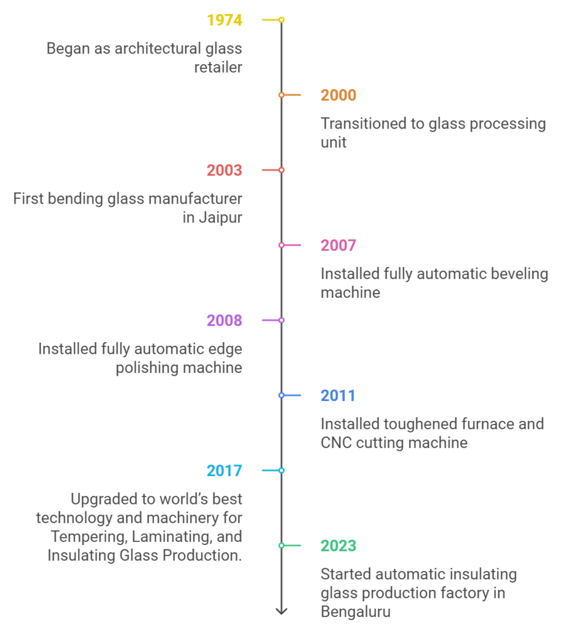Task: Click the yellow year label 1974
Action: [x=224, y=20]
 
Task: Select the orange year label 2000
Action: [x=338, y=95]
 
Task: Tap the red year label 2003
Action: [x=224, y=170]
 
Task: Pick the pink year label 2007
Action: [x=338, y=245]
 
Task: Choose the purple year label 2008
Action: [x=224, y=321]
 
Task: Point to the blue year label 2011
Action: [x=338, y=396]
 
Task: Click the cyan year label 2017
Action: [x=224, y=471]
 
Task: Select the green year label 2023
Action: [x=338, y=546]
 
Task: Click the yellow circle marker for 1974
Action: [x=281, y=20]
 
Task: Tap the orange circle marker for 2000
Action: [x=281, y=95]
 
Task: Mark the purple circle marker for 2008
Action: [x=281, y=320]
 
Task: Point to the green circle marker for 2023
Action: [x=281, y=546]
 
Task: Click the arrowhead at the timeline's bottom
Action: [x=281, y=612]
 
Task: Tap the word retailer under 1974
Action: [x=218, y=68]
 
